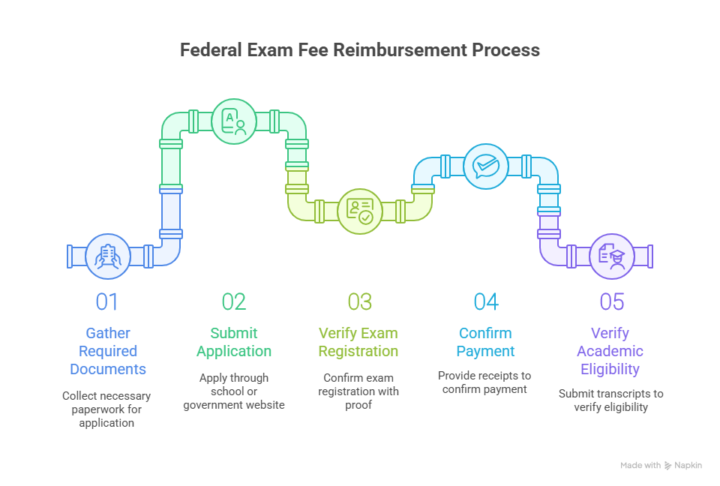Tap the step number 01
click(107, 301)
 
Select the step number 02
click(234, 301)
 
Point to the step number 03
click(359, 301)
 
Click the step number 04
click(486, 301)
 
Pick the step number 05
click(612, 301)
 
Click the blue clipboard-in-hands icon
click(108, 256)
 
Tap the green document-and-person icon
click(234, 121)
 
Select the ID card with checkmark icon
click(360, 211)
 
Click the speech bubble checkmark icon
click(486, 166)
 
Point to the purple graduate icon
click(612, 256)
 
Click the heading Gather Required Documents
click(108, 351)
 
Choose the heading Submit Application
click(234, 342)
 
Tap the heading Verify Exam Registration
click(358, 342)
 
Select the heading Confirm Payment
click(485, 342)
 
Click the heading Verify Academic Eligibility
click(610, 351)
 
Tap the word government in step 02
click(211, 405)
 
